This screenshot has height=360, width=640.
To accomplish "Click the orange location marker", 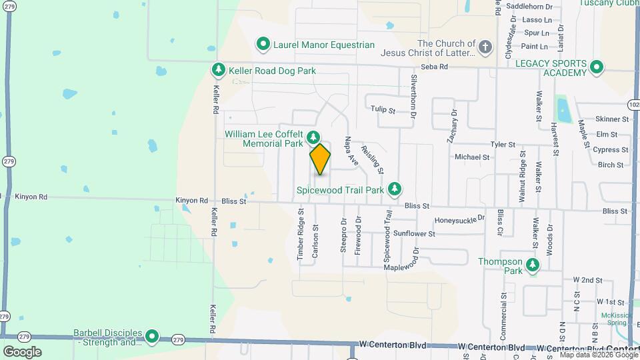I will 321,159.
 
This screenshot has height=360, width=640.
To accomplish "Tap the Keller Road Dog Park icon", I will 218,70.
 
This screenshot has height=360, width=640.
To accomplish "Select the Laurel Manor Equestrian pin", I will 263,45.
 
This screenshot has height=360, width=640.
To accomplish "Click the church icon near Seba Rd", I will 485,47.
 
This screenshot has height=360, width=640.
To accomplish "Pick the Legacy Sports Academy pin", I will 597,67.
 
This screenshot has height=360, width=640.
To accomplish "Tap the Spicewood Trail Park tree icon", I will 395,189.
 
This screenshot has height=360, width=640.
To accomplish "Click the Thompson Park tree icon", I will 532,266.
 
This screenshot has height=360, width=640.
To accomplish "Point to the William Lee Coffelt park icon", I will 313,138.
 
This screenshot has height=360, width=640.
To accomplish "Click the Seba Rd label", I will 434,67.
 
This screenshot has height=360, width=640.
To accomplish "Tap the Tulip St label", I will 383,109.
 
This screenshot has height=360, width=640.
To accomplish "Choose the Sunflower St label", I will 413,234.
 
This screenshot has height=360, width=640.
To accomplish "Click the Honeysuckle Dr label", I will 459,219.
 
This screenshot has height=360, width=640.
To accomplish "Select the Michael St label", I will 472,157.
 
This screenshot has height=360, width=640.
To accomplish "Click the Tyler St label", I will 503,144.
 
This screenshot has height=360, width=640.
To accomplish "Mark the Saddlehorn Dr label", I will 530,7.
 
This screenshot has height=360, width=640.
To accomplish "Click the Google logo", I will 22,351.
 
